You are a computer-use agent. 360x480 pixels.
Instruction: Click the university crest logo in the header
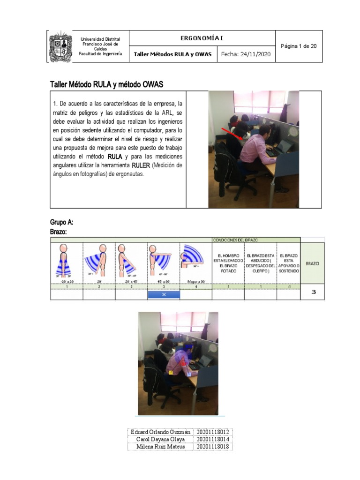tap(61, 47)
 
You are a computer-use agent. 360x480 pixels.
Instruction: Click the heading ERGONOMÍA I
tap(202, 38)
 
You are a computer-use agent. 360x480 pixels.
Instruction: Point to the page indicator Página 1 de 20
tap(299, 46)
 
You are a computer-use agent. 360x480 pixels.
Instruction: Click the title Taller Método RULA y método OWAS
tap(106, 84)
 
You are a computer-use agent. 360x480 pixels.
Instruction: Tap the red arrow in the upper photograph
tap(232, 133)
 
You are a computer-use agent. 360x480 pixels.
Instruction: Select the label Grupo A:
tap(61, 222)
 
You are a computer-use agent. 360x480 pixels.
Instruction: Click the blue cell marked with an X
tap(164, 295)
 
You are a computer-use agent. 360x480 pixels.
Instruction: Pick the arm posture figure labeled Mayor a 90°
tap(195, 262)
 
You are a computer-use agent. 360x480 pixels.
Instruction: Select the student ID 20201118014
tap(214, 439)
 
